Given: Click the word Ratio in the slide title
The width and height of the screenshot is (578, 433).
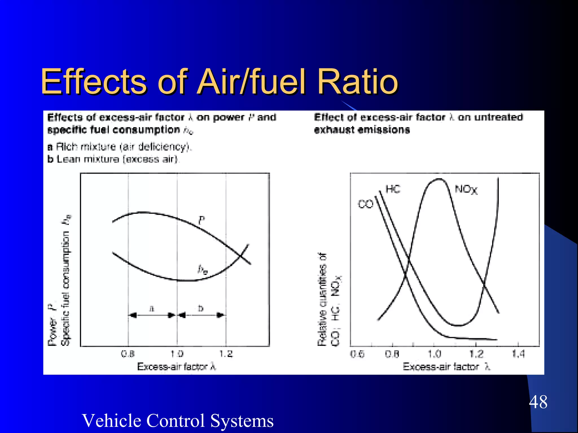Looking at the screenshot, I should click(x=357, y=82).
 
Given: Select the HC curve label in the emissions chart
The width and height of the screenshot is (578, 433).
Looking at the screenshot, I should click(x=393, y=189).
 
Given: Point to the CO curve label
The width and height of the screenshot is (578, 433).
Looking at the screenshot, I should click(x=365, y=204).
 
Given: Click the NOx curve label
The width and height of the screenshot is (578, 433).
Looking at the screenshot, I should click(x=466, y=189).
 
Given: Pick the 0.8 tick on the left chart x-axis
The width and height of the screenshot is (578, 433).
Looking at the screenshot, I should click(x=128, y=354).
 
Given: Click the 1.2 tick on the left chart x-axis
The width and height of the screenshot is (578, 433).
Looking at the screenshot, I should click(x=226, y=354).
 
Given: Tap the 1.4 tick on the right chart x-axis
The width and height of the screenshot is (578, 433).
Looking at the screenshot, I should click(x=518, y=354).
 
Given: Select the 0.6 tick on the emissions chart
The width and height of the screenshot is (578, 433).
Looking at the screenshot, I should click(x=357, y=354).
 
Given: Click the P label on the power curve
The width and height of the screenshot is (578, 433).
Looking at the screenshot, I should click(x=202, y=220).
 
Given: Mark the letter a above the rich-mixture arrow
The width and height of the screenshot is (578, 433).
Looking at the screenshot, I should click(x=152, y=308).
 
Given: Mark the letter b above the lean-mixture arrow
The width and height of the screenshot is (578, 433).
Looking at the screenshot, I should click(x=201, y=308).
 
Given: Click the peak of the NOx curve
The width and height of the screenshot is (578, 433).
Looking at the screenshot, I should click(x=439, y=179).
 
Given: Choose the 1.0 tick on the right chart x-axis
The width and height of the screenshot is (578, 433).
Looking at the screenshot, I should click(x=434, y=354).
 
